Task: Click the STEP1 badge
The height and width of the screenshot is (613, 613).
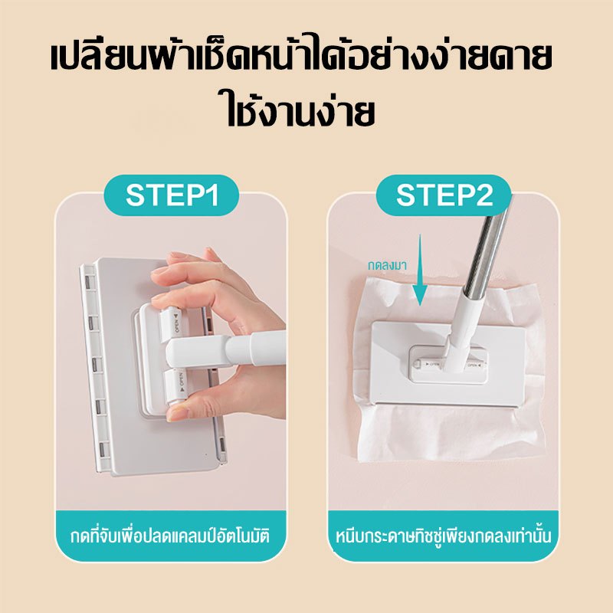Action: (171, 195)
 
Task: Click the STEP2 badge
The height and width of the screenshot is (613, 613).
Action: (444, 195)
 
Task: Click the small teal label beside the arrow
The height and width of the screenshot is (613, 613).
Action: (387, 265)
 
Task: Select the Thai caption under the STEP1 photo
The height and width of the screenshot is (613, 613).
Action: (170, 536)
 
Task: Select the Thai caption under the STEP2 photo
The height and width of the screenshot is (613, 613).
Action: (444, 536)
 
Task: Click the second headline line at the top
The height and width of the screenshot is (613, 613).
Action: (300, 109)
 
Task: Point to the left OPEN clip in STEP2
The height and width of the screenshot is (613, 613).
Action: (429, 364)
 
